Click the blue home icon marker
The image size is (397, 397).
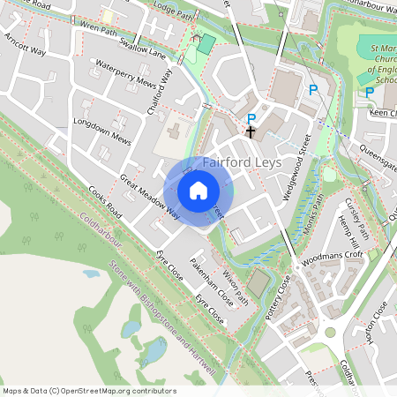pos(198,191)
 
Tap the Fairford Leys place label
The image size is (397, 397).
pos(243,163)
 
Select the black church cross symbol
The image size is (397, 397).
pos(251,132)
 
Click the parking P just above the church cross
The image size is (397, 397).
pos(251,118)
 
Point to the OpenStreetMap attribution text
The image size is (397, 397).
pos(89,391)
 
